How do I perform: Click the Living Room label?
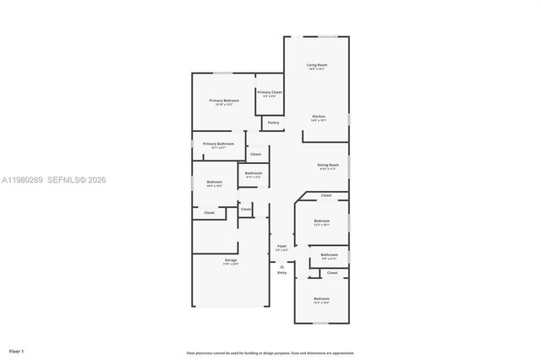point(317,65)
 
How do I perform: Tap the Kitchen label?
point(319,117)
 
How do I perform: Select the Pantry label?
point(273,123)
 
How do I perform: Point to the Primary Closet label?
point(270,92)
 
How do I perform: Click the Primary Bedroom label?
point(225,101)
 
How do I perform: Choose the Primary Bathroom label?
point(218,144)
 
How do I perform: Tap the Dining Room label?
point(328,165)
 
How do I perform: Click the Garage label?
point(231,259)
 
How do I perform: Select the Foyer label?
point(282,246)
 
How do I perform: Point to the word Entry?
point(282,272)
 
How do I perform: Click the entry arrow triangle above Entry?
point(282,265)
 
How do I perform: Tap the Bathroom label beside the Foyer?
point(329,254)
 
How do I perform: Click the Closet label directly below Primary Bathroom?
point(255,154)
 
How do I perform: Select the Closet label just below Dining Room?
point(326,195)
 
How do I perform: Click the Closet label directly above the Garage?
point(210,212)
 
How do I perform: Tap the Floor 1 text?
point(17,350)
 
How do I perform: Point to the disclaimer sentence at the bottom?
point(270,352)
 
